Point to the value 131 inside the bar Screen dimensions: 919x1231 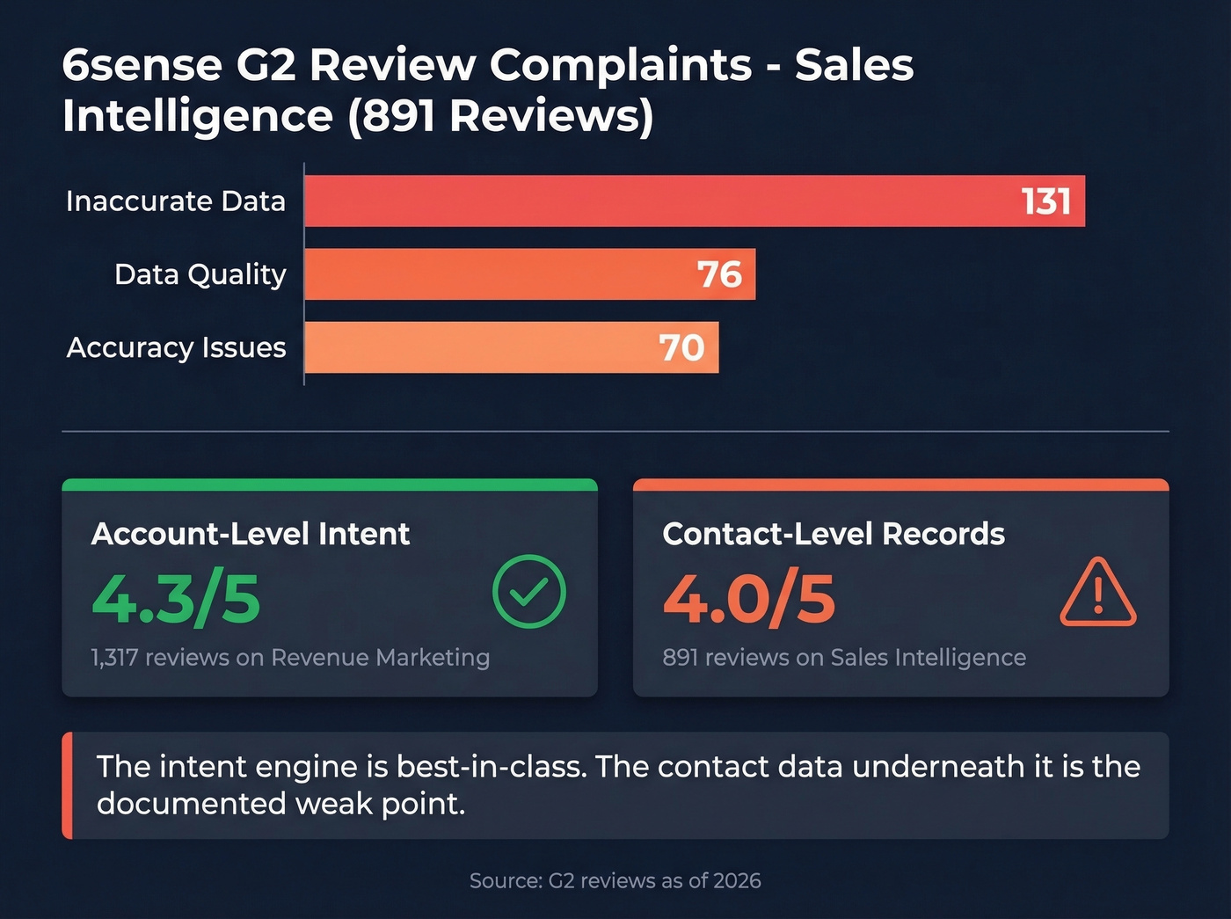pyautogui.click(x=1045, y=201)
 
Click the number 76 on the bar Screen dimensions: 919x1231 pyautogui.click(x=719, y=274)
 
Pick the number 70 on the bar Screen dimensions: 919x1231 pyautogui.click(x=682, y=347)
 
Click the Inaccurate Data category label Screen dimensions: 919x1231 pyautogui.click(x=176, y=201)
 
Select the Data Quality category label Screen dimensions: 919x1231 pyautogui.click(x=200, y=274)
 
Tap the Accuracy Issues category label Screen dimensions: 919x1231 pyautogui.click(x=177, y=347)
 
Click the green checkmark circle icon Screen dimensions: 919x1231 pyautogui.click(x=528, y=592)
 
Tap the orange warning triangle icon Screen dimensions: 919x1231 pyautogui.click(x=1097, y=594)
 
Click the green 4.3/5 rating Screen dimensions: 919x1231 pyautogui.click(x=176, y=600)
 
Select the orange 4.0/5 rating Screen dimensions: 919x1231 pyautogui.click(x=749, y=600)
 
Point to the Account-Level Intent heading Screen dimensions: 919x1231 pyautogui.click(x=251, y=534)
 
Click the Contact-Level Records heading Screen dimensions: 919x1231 pyautogui.click(x=834, y=534)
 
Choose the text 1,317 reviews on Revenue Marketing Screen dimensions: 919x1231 pyautogui.click(x=290, y=657)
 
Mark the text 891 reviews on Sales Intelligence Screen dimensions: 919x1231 pyautogui.click(x=844, y=657)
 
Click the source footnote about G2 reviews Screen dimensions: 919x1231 pyautogui.click(x=615, y=880)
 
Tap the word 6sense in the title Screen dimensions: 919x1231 pyautogui.click(x=142, y=65)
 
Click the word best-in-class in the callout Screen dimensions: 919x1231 pyautogui.click(x=491, y=766)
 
